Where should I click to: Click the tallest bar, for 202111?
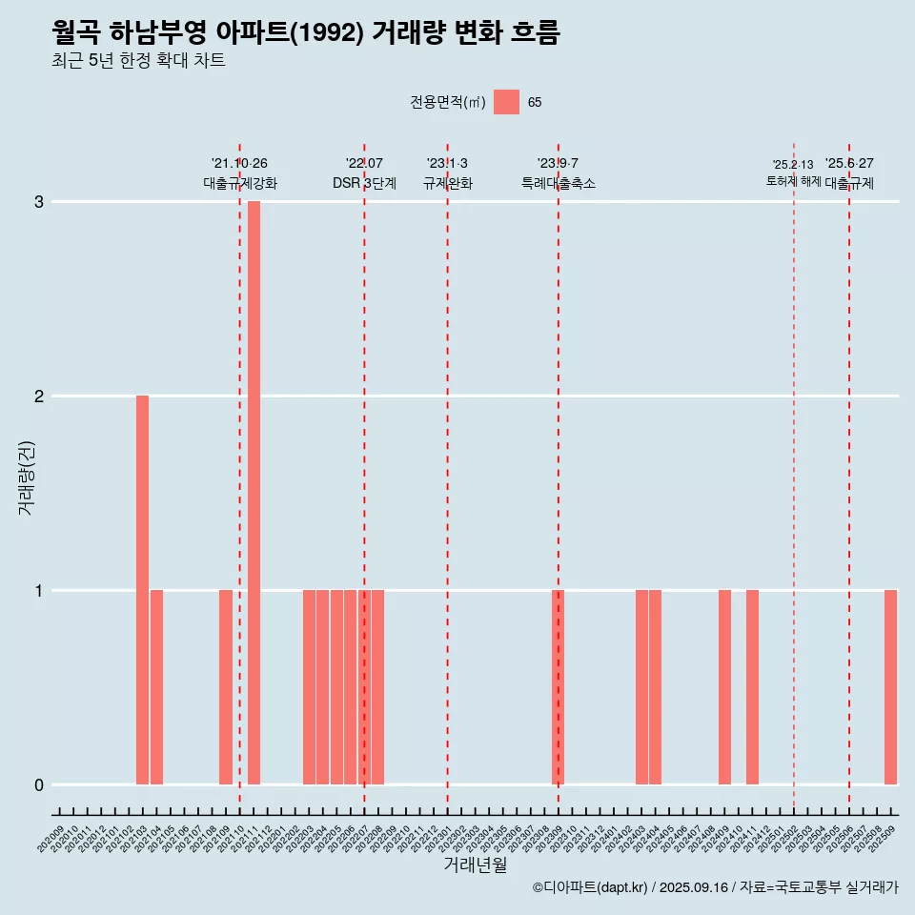click(254, 493)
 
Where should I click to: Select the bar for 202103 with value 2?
click(142, 590)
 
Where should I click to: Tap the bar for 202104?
click(156, 687)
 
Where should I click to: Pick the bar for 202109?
click(226, 687)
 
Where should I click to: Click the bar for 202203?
click(309, 687)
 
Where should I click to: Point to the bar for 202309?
click(559, 687)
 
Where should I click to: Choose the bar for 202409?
click(724, 687)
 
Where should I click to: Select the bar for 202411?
click(752, 687)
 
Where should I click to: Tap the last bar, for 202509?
click(890, 687)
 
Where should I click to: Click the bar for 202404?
click(655, 687)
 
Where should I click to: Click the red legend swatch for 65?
click(506, 102)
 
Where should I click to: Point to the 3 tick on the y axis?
click(39, 202)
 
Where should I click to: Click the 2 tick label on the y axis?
click(39, 396)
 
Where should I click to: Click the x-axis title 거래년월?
click(475, 865)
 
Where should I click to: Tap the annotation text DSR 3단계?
click(364, 183)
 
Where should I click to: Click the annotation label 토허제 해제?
click(793, 180)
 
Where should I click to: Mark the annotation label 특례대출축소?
click(559, 183)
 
